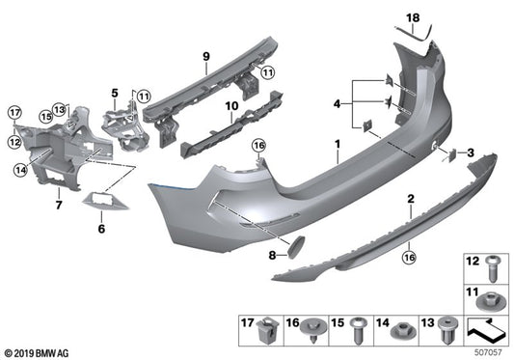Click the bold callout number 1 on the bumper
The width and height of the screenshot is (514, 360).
pos(337,146)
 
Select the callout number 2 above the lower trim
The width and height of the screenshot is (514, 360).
pos(410,199)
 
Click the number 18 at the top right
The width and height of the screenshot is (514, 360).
pos(413,17)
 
